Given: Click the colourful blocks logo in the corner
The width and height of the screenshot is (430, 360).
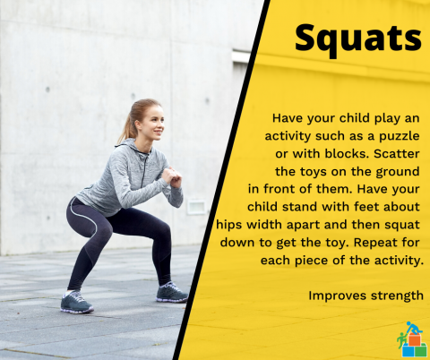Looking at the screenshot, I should [x=411, y=340].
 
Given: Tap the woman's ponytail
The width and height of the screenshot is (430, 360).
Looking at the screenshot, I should [x=125, y=125].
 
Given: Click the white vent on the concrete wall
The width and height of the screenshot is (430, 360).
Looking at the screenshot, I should [x=197, y=207].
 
